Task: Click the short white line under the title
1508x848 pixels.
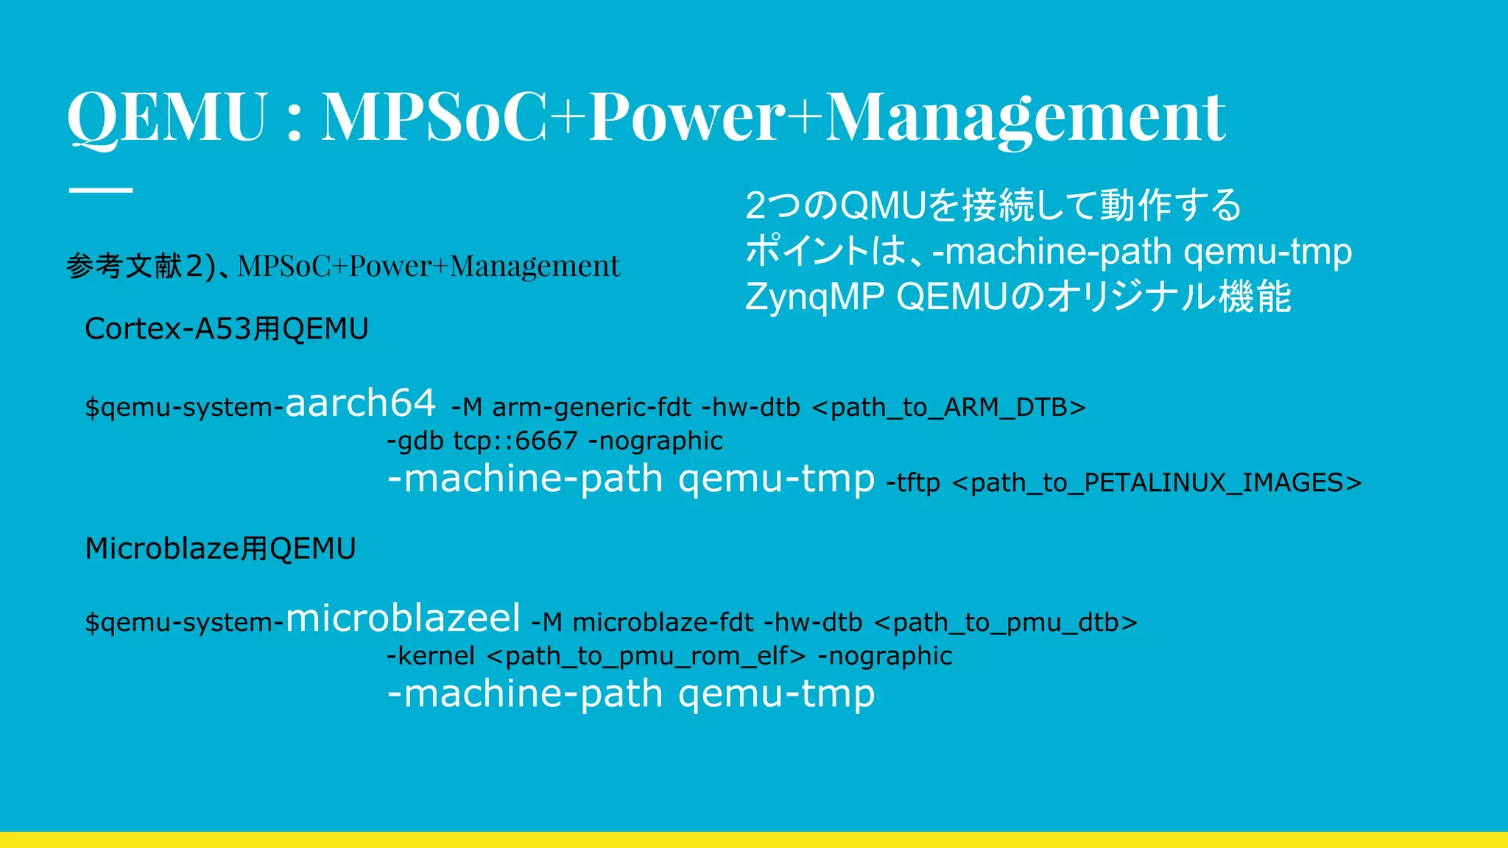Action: click(101, 190)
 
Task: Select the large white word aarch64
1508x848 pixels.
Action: click(360, 403)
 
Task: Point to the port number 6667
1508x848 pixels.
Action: click(546, 441)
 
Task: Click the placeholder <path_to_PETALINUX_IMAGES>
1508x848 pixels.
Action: click(1156, 483)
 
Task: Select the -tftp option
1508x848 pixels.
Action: click(913, 483)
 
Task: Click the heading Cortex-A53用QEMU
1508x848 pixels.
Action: click(226, 329)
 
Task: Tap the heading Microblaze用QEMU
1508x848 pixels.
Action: click(220, 549)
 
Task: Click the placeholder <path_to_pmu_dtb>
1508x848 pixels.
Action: click(1005, 623)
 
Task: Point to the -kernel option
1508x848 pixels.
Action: click(431, 656)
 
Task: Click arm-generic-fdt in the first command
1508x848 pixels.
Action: click(591, 407)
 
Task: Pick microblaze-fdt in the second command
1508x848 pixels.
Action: click(663, 623)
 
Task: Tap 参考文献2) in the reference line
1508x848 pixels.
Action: click(140, 266)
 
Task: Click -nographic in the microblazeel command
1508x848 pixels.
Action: click(885, 656)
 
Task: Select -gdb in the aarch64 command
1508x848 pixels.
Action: click(415, 441)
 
